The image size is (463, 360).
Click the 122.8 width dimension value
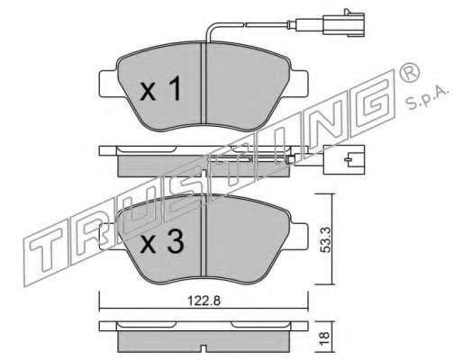tap(204, 301)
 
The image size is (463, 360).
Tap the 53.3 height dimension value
tap(325, 239)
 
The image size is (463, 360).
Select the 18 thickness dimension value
tap(325, 339)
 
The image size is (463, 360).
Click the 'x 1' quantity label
tap(160, 88)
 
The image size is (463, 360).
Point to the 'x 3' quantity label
tap(162, 242)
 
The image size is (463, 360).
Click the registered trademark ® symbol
tap(410, 72)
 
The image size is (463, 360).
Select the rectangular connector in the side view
tap(344, 159)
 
